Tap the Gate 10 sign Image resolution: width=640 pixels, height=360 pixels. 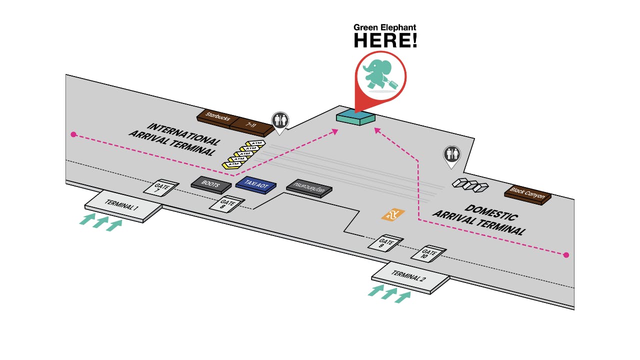coord(428,253)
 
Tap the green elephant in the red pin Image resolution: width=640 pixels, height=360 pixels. coord(380,75)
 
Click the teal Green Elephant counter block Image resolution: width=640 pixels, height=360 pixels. coord(355,118)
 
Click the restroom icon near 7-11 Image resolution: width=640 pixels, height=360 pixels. coord(279,121)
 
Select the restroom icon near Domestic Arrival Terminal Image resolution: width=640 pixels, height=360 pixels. coord(451,154)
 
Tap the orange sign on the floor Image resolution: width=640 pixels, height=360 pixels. coord(393,215)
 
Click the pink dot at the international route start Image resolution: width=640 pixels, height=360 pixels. coord(73,134)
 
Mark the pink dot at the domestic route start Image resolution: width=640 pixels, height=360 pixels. coord(566,255)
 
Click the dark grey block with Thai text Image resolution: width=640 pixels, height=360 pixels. coord(309,189)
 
